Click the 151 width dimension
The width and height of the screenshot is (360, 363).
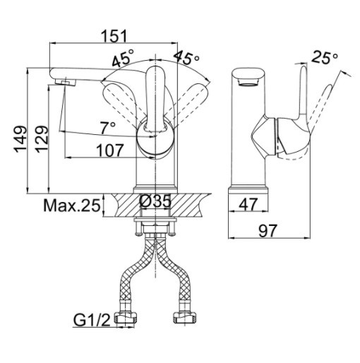click(114, 36)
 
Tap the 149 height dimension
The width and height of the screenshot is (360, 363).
click(20, 139)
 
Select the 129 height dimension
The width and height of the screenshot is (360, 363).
click(42, 139)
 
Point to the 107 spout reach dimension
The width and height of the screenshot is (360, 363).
click(110, 150)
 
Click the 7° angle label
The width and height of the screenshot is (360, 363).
click(108, 129)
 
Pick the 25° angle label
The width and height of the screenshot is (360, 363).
click(325, 57)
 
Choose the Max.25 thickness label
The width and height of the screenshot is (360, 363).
click(72, 206)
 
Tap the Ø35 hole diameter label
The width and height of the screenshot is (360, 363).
click(155, 201)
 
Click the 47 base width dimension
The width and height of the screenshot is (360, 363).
click(248, 205)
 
